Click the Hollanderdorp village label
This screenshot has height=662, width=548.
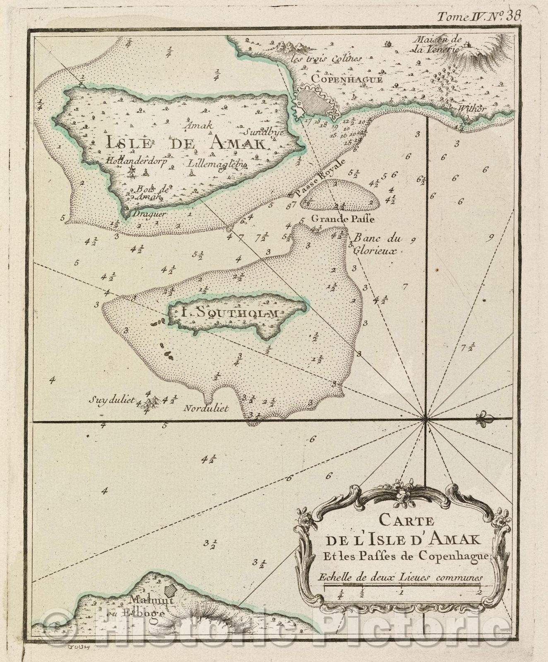[x=135, y=162]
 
